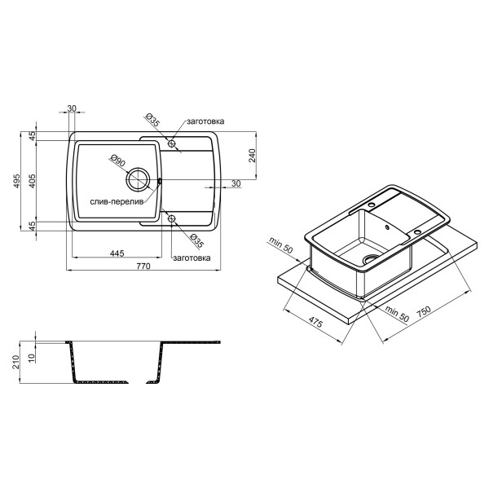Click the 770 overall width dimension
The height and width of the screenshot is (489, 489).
[143, 266]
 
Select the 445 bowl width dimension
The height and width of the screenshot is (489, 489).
[117, 253]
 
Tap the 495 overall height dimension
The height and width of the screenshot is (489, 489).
[16, 181]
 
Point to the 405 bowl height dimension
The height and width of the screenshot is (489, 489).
[32, 181]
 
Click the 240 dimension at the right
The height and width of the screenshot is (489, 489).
[252, 156]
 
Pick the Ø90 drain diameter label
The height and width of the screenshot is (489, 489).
[117, 161]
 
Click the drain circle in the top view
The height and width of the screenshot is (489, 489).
[138, 179]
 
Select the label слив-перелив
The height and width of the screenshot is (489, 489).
[117, 202]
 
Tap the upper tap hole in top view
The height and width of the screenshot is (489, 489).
[171, 143]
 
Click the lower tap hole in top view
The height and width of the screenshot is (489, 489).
[171, 218]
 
